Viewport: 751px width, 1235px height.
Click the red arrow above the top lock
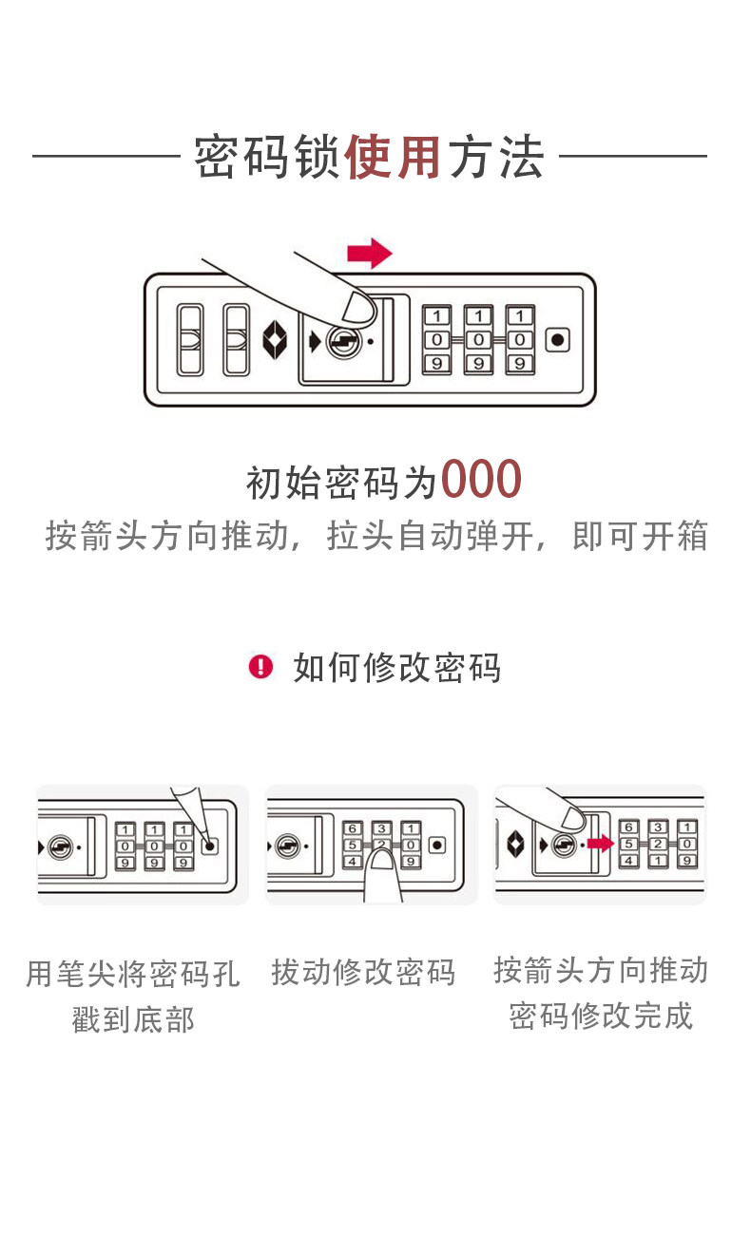(x=369, y=254)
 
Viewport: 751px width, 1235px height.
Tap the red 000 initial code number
(x=481, y=481)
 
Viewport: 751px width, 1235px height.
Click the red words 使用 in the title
(x=393, y=158)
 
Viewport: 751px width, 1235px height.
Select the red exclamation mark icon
(x=260, y=667)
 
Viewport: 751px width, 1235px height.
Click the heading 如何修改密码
(x=396, y=668)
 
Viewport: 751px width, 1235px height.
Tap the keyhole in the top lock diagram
(x=342, y=341)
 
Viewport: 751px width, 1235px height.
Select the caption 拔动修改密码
(x=364, y=973)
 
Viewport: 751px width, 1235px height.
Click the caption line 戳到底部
(x=133, y=1019)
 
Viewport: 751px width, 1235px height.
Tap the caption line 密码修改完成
(x=601, y=1016)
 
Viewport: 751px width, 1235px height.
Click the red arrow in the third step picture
(x=599, y=844)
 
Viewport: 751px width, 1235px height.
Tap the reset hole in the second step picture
(x=437, y=844)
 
